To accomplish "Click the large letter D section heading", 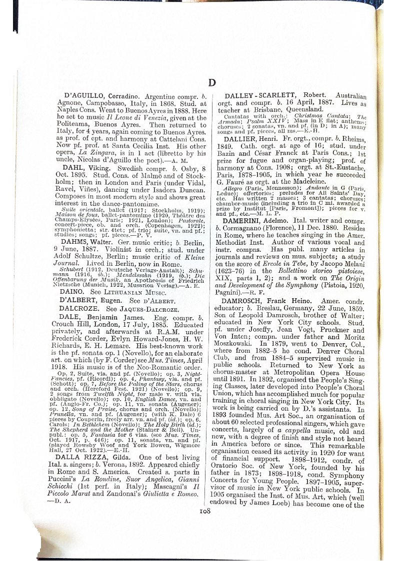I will tap(211, 83).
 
